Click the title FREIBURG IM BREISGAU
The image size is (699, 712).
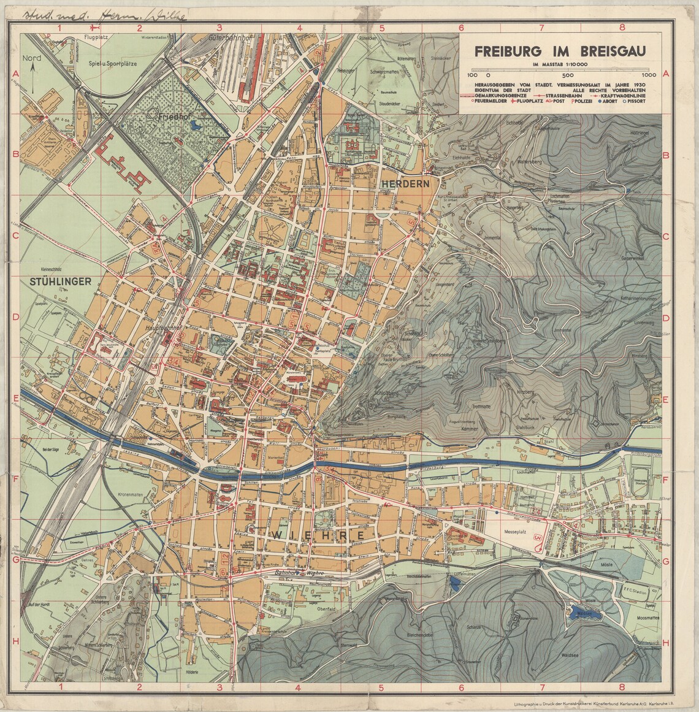click(562, 52)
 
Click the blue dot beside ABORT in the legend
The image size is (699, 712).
click(605, 103)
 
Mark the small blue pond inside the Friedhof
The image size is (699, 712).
click(196, 125)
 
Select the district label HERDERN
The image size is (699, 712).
click(405, 183)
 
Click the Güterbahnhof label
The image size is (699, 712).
click(226, 37)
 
